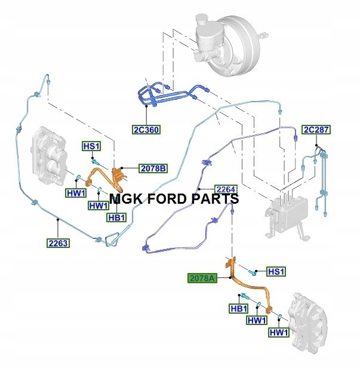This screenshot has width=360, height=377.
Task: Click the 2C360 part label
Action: pyautogui.click(x=147, y=129)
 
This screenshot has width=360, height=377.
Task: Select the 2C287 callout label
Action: pyautogui.click(x=316, y=130)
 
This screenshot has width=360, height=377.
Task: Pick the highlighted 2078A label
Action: pyautogui.click(x=202, y=278)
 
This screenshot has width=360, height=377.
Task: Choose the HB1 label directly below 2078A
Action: pyautogui.click(x=239, y=308)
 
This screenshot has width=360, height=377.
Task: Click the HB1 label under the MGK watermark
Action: pyautogui.click(x=116, y=217)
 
